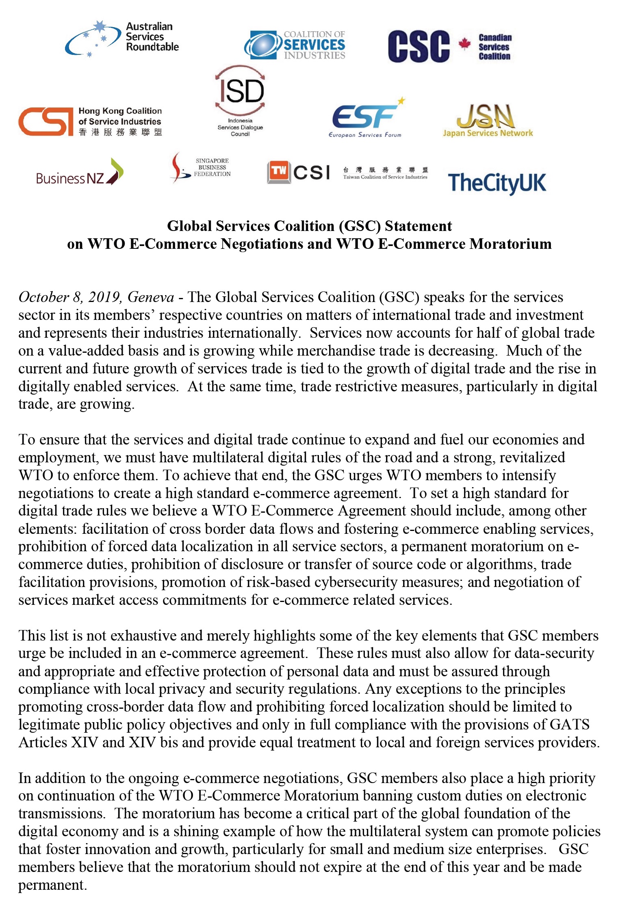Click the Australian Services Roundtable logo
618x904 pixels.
(x=122, y=39)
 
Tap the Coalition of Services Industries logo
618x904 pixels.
(x=295, y=45)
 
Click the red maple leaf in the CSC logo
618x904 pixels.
(x=464, y=43)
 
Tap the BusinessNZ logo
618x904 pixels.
(x=80, y=173)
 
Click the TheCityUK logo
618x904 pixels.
(x=497, y=183)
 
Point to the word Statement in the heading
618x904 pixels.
(x=418, y=226)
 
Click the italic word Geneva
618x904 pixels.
(x=151, y=297)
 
